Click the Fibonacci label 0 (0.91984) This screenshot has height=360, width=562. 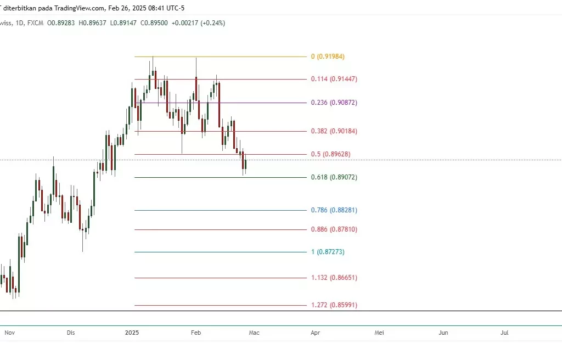[x=328, y=57]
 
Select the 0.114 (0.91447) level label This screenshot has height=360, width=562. [x=334, y=79]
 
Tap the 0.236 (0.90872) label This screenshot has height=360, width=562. [x=334, y=103]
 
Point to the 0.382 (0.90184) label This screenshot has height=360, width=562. [x=334, y=131]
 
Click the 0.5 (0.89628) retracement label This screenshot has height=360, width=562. [x=330, y=154]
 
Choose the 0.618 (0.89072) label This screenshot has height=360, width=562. [x=334, y=177]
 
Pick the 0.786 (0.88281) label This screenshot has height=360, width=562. [x=334, y=210]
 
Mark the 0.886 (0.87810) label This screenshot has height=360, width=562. [x=334, y=229]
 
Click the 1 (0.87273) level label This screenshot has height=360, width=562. [x=328, y=252]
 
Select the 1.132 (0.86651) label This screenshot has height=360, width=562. [x=334, y=278]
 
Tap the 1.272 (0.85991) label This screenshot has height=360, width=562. [x=334, y=305]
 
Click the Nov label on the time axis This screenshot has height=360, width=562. [x=10, y=333]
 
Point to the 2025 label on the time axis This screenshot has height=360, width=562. [x=132, y=333]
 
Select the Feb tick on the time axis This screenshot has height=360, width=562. [x=196, y=333]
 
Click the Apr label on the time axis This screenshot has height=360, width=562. [x=315, y=333]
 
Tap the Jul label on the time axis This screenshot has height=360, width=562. [x=505, y=333]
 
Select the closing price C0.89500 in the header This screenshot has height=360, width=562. [x=154, y=23]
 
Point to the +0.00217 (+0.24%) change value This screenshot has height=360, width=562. [x=198, y=23]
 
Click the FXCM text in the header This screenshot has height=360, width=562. [x=36, y=23]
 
